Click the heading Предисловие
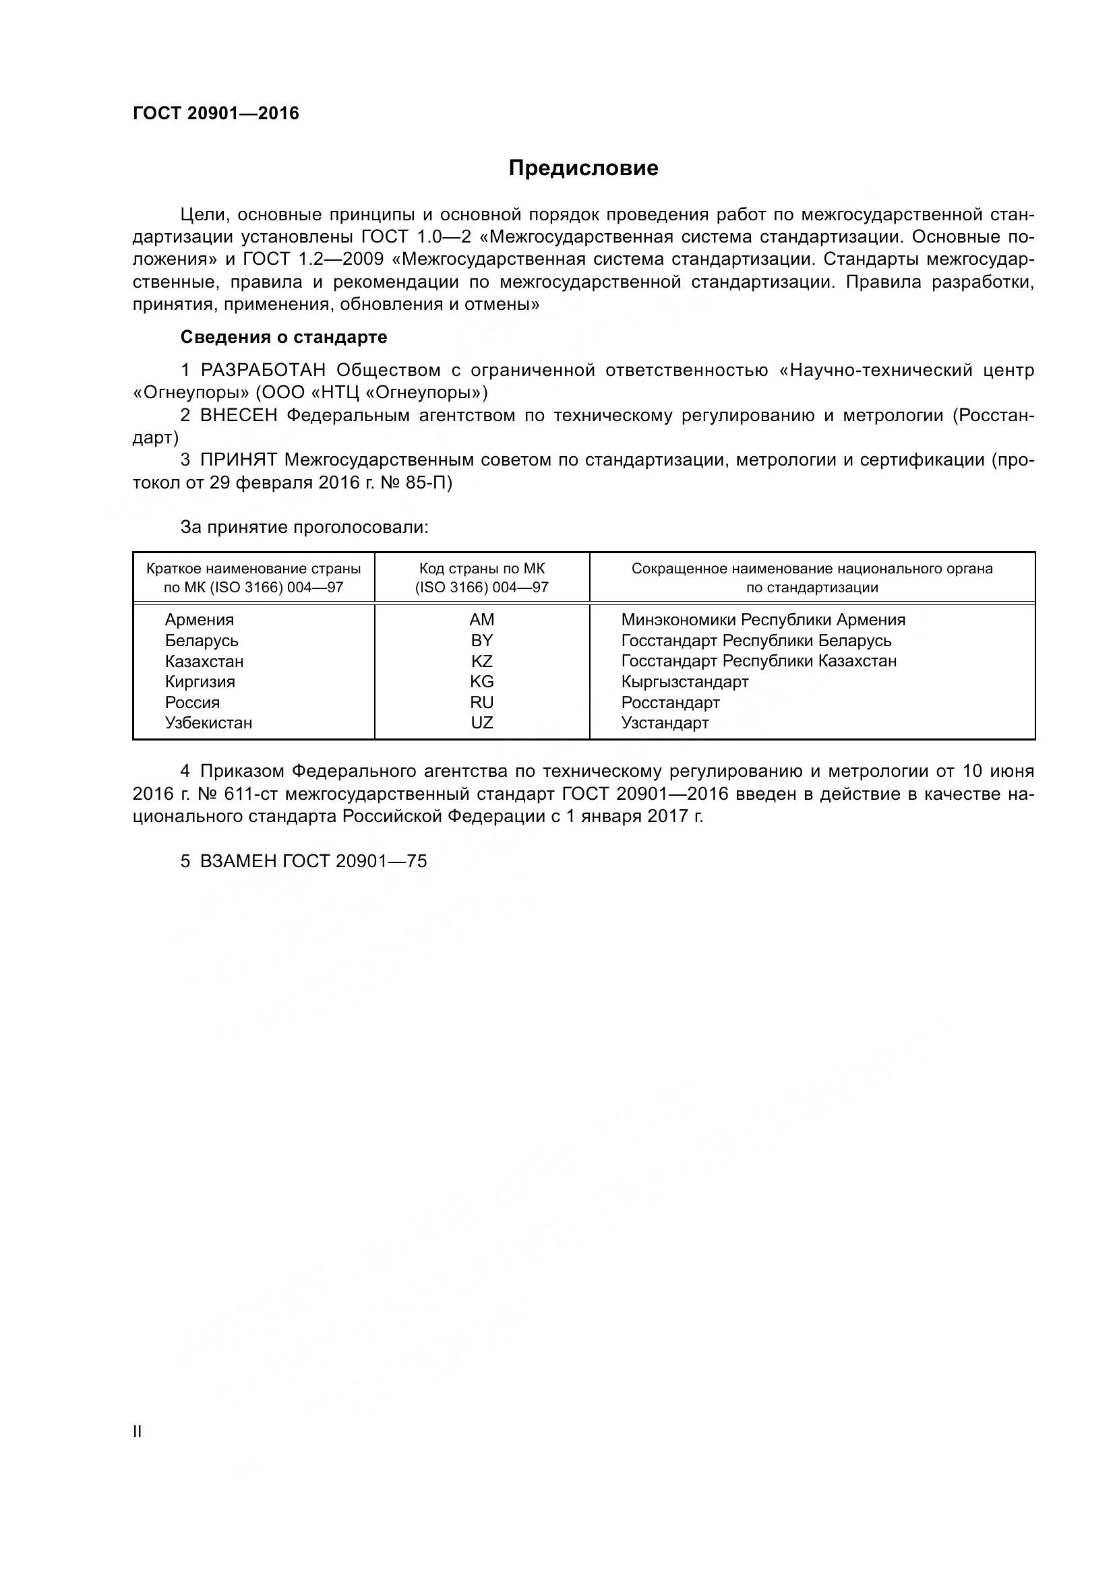pos(583,168)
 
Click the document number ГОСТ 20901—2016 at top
pos(216,114)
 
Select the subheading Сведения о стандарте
pos(283,337)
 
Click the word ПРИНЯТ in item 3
pos(238,460)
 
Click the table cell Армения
pos(199,620)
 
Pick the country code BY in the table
pos(482,640)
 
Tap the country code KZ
pos(482,661)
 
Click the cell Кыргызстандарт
pos(684,682)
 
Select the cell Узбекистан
pos(208,723)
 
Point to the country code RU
pos(482,702)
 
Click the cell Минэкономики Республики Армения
pos(763,620)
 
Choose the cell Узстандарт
pos(665,723)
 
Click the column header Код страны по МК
pos(481,569)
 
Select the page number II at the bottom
pos(138,1431)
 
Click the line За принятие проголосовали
pos(304,527)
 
